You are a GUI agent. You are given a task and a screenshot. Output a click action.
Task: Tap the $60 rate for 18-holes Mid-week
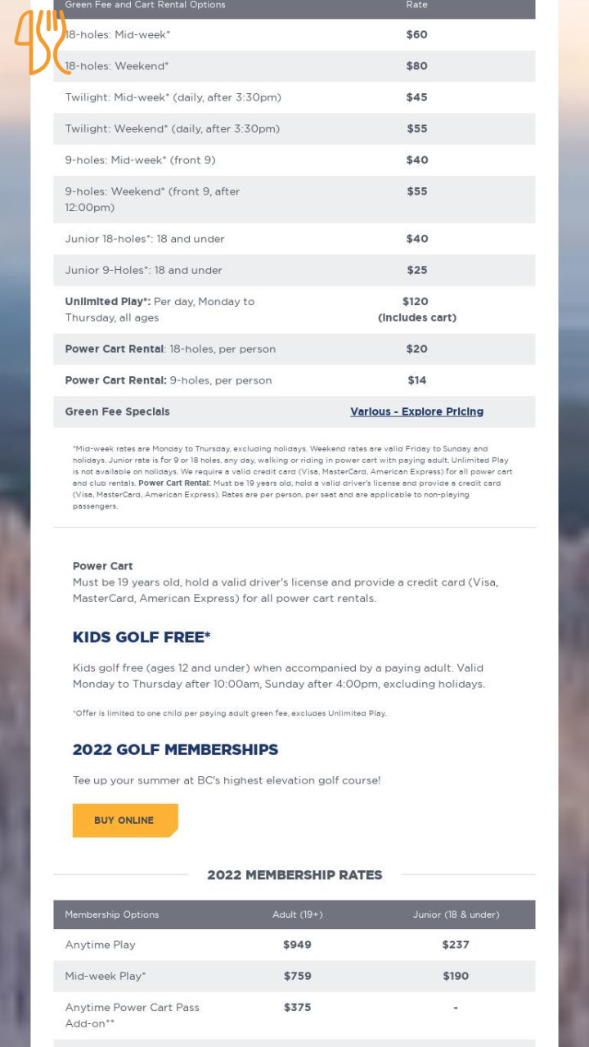[x=416, y=34]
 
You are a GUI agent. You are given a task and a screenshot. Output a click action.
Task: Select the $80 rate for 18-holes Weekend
[x=416, y=66]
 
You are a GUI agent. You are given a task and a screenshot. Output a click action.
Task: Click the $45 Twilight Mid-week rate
[x=416, y=97]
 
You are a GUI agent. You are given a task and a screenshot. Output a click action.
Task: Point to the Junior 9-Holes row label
[x=143, y=270]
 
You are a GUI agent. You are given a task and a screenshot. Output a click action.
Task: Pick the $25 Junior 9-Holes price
[x=416, y=270]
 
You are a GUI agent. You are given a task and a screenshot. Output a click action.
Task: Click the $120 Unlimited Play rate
[x=416, y=301]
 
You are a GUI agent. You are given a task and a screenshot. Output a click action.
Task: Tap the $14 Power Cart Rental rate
[x=416, y=380]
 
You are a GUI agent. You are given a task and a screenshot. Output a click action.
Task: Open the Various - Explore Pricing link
[x=416, y=411]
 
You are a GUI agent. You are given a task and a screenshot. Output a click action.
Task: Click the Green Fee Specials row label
[x=117, y=411]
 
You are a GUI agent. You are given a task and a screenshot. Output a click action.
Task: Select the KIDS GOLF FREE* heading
[x=142, y=637]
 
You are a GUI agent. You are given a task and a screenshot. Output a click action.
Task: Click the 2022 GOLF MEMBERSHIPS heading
[x=175, y=749]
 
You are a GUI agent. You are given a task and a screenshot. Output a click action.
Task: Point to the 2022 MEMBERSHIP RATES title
[x=294, y=874]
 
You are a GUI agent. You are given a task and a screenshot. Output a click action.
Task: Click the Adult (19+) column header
[x=297, y=914]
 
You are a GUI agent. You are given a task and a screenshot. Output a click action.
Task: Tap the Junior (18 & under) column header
[x=456, y=914]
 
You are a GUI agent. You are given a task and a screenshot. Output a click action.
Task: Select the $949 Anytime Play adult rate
[x=297, y=945]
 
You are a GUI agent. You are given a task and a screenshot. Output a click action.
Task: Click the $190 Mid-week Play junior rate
[x=456, y=976]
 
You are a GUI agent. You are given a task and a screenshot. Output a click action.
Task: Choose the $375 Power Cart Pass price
[x=297, y=1007]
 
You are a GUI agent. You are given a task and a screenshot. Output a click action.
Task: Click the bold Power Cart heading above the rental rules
[x=102, y=566]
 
